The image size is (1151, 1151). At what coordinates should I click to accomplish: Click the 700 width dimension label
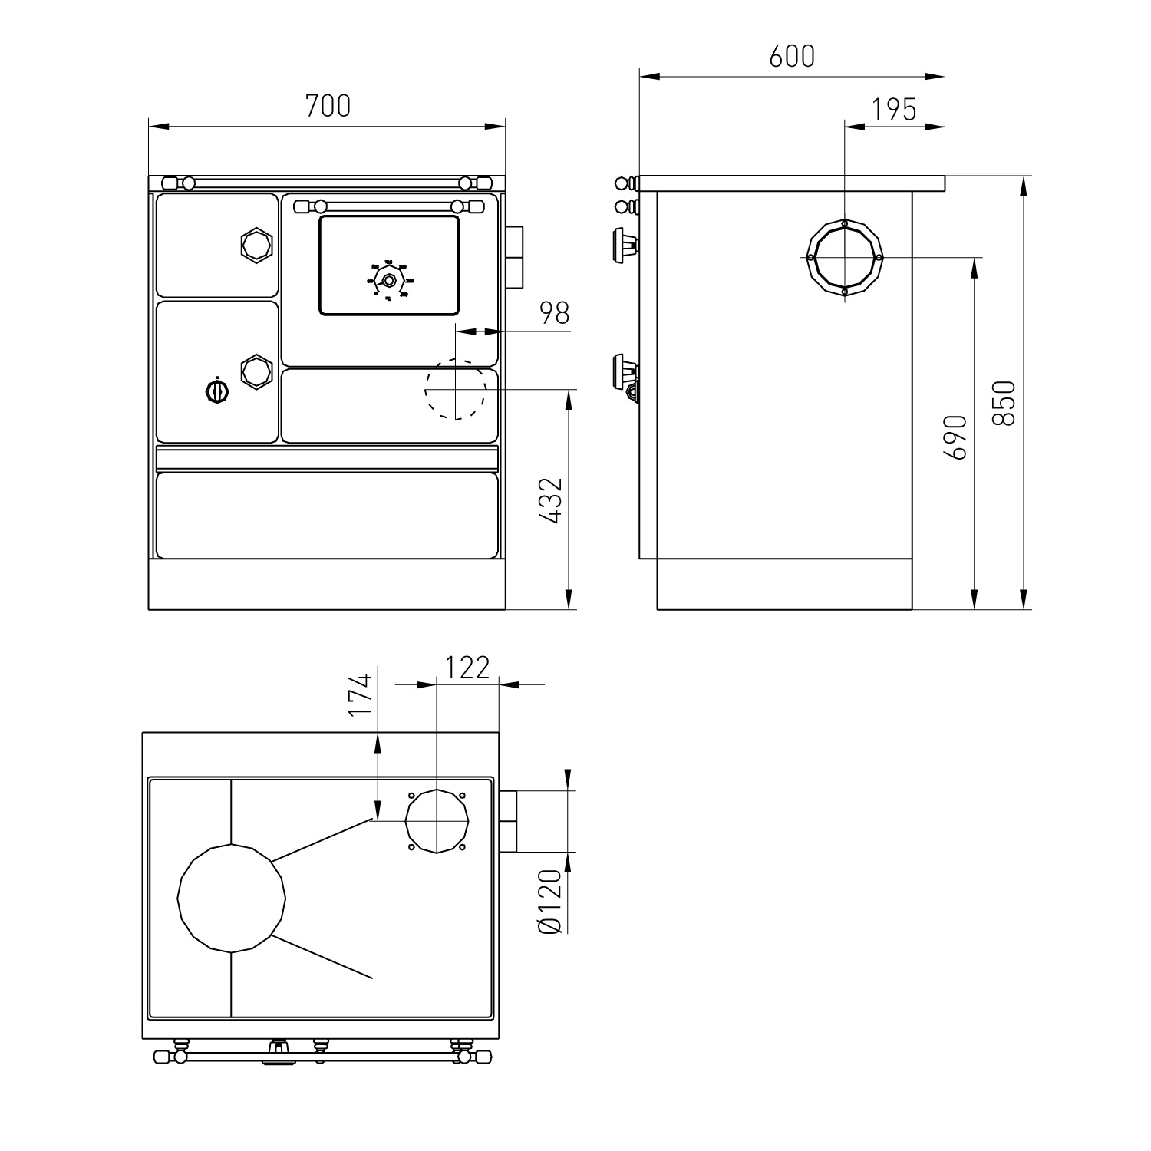pyautogui.click(x=328, y=106)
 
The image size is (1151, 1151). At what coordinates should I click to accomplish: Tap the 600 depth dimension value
pyautogui.click(x=791, y=56)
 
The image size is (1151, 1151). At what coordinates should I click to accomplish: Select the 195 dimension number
pyautogui.click(x=895, y=110)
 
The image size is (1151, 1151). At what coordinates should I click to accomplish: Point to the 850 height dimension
pyautogui.click(x=1004, y=403)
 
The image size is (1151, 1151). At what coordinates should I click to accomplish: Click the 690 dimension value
pyautogui.click(x=955, y=437)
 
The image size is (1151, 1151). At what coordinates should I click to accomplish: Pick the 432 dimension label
pyautogui.click(x=550, y=500)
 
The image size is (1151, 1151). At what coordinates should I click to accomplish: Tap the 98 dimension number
pyautogui.click(x=554, y=313)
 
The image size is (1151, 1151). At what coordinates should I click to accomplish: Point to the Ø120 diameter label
pyautogui.click(x=551, y=902)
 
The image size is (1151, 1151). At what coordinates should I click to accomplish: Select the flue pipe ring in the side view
pyautogui.click(x=844, y=258)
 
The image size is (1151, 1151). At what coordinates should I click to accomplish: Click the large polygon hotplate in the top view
pyautogui.click(x=232, y=898)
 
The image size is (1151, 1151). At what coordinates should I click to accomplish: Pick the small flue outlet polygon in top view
pyautogui.click(x=436, y=820)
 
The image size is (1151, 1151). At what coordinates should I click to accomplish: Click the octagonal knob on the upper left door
pyautogui.click(x=256, y=244)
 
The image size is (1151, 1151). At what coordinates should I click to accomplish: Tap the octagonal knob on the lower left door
pyautogui.click(x=256, y=371)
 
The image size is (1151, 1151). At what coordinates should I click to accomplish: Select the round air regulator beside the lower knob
pyautogui.click(x=217, y=391)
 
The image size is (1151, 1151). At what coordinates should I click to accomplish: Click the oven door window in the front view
pyautogui.click(x=389, y=265)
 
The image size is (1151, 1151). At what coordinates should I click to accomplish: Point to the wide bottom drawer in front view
pyautogui.click(x=327, y=515)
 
